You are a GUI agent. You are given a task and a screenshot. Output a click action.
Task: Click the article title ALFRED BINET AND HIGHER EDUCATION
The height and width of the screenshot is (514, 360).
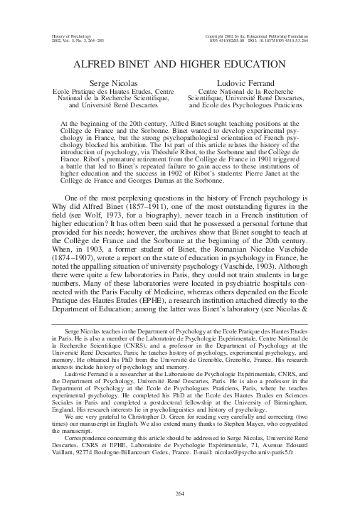click(179, 64)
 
